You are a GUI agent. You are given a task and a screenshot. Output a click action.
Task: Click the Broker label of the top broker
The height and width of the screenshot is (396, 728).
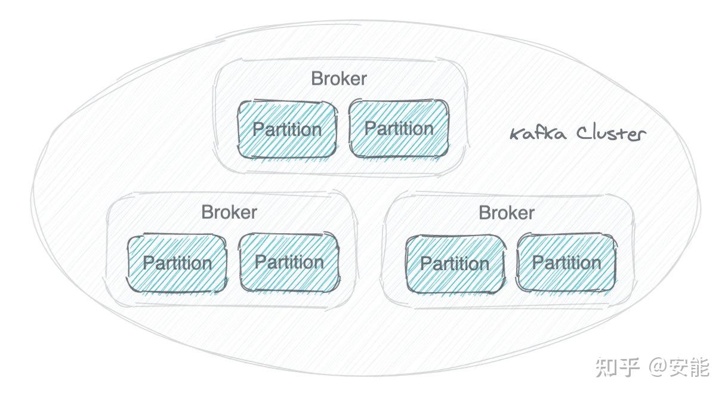point(338,79)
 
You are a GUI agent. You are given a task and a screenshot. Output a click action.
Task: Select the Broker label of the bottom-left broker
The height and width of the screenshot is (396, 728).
point(229,212)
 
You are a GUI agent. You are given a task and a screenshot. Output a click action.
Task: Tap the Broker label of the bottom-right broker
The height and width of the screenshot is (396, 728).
point(507,213)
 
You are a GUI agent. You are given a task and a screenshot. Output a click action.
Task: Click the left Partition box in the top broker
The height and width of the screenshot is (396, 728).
point(287,129)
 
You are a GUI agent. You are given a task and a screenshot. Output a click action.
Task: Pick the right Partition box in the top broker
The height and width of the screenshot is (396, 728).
point(399,129)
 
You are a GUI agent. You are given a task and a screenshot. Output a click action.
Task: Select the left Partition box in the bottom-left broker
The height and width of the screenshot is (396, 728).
point(177,264)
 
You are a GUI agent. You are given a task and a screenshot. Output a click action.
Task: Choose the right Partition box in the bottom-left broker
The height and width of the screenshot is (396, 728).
point(289,262)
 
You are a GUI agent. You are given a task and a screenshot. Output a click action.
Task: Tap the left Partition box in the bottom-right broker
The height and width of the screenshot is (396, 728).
point(455,264)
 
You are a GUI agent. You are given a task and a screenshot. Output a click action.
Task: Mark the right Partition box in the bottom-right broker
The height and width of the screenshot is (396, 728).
point(566,263)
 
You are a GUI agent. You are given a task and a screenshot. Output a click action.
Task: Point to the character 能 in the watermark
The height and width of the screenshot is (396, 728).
point(700,367)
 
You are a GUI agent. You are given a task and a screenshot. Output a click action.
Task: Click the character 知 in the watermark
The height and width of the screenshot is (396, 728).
point(606,367)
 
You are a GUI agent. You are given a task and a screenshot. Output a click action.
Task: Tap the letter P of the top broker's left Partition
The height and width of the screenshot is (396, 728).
point(257,129)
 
